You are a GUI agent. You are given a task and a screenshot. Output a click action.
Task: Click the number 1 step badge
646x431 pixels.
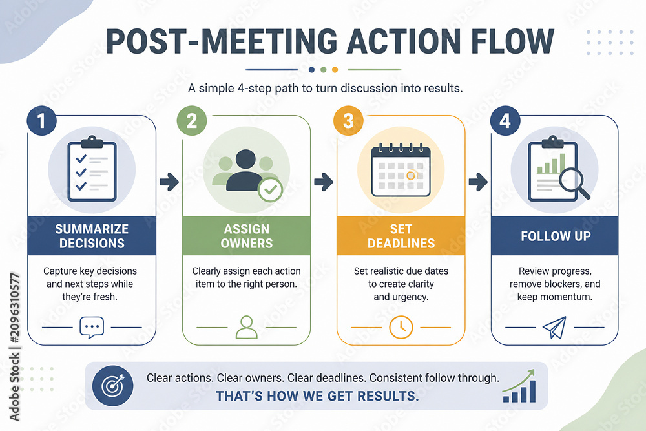[41, 121]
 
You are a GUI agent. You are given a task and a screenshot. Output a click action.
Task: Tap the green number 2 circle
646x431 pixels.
[192, 121]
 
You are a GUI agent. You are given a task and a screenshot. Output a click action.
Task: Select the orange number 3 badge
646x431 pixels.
[348, 121]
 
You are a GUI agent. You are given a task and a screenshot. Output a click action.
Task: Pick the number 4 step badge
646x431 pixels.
[505, 121]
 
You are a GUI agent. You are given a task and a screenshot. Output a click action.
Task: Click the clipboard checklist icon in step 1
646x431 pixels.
[92, 169]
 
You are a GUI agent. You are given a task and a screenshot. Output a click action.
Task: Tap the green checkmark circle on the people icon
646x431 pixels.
[270, 189]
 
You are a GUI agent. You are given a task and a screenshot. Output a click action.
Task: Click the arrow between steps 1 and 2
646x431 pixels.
[169, 182]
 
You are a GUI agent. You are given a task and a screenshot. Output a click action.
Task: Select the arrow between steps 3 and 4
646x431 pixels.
[478, 182]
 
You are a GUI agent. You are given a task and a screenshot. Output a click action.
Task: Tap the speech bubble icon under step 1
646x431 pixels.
[92, 328]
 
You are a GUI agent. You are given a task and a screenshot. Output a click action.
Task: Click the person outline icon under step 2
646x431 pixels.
[246, 327]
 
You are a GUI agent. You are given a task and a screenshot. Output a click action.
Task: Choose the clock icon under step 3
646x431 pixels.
[401, 327]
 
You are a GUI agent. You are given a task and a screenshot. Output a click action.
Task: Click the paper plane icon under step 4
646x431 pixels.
[554, 328]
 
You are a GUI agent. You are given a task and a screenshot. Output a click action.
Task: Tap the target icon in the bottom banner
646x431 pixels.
[112, 386]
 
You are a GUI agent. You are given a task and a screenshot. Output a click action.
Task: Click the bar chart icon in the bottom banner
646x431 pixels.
[519, 386]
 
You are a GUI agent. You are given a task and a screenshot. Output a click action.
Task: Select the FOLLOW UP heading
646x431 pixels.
[556, 236]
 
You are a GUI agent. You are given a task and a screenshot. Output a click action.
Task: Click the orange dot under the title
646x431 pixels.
[335, 70]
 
